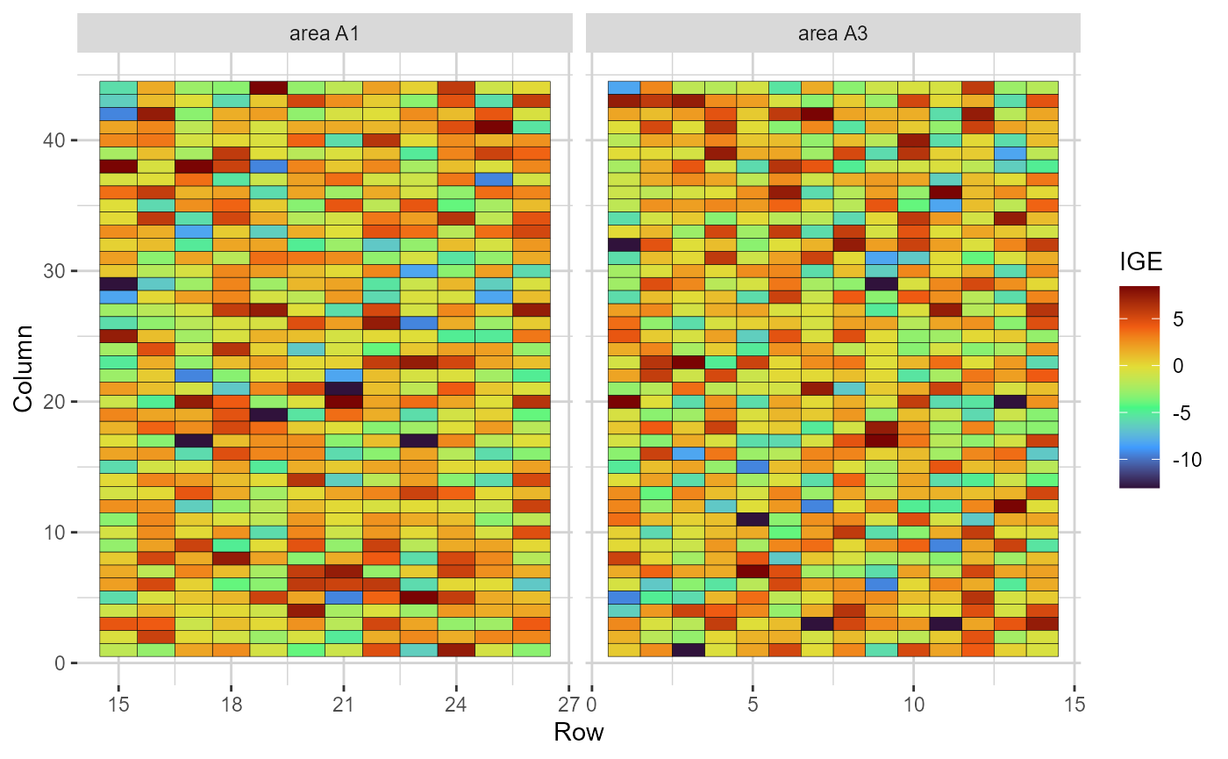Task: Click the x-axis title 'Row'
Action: (x=578, y=732)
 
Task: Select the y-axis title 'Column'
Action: (x=24, y=369)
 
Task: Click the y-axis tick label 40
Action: (x=54, y=140)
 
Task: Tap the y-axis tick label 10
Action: (x=54, y=533)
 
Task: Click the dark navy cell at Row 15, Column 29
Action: (x=118, y=283)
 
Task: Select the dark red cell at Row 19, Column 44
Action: (x=268, y=87)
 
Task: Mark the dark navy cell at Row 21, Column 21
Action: (x=343, y=388)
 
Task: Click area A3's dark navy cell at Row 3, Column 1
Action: (x=689, y=649)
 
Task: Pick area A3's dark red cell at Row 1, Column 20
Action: (x=625, y=401)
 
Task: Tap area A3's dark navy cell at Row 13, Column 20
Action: (x=1010, y=401)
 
